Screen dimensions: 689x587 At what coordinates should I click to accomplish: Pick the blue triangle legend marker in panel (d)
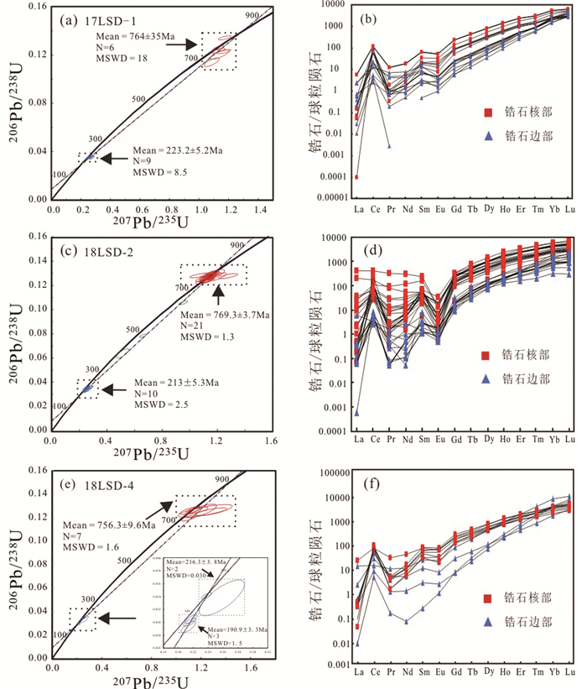click(487, 379)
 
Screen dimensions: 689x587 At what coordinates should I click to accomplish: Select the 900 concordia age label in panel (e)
click(198, 480)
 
